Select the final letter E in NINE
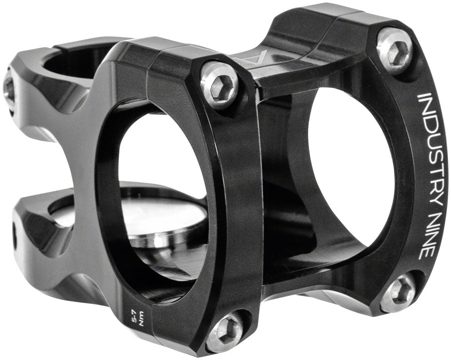(422, 252)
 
